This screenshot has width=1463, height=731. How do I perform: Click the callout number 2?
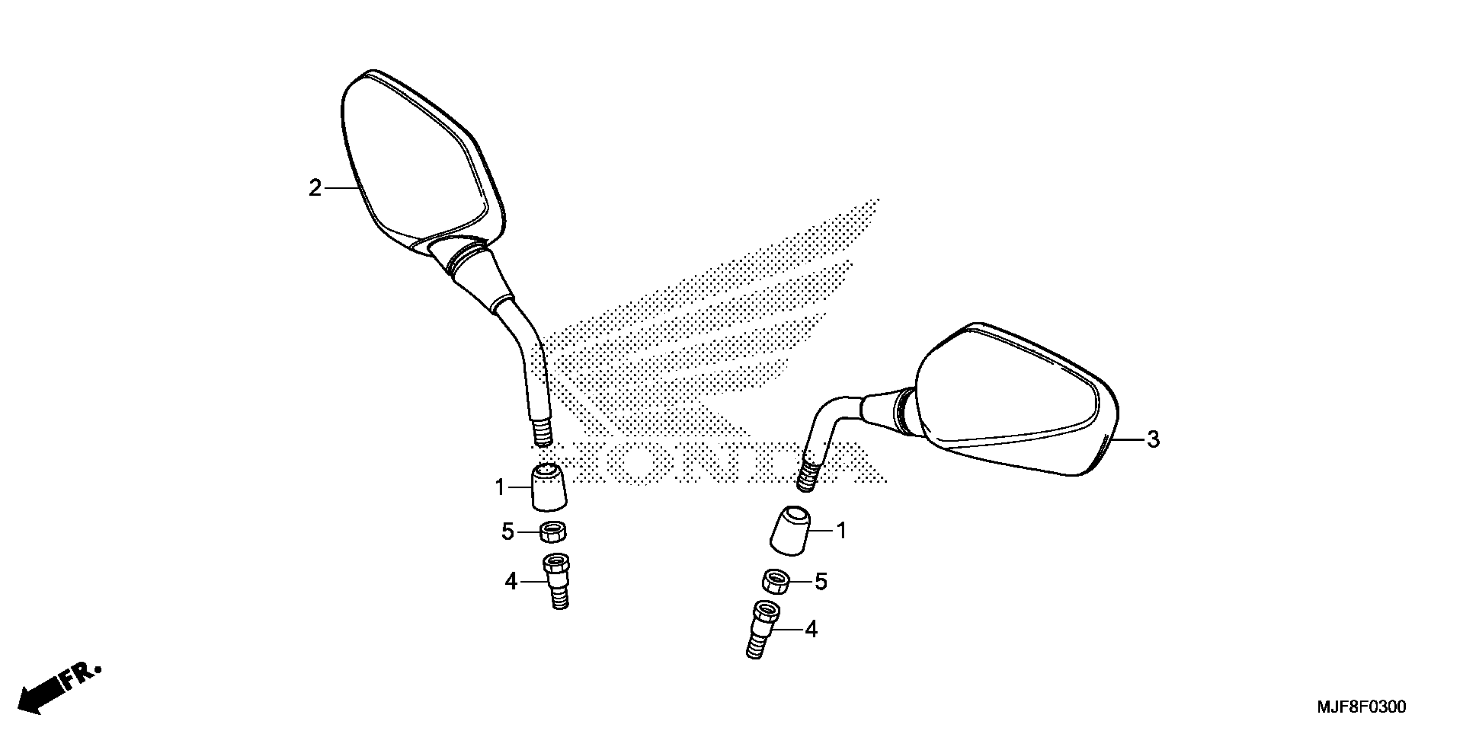tap(315, 188)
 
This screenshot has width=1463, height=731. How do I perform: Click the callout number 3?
tap(1153, 439)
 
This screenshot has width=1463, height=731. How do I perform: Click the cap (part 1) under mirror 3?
tap(790, 531)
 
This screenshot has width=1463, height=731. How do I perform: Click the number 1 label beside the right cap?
tap(842, 531)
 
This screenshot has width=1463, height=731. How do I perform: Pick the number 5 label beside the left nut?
tap(507, 532)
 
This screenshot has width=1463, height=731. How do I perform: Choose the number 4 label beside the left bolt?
tap(511, 581)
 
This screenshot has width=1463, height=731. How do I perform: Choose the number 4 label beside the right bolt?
tap(812, 630)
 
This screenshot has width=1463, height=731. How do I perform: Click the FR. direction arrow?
tap(57, 690)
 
